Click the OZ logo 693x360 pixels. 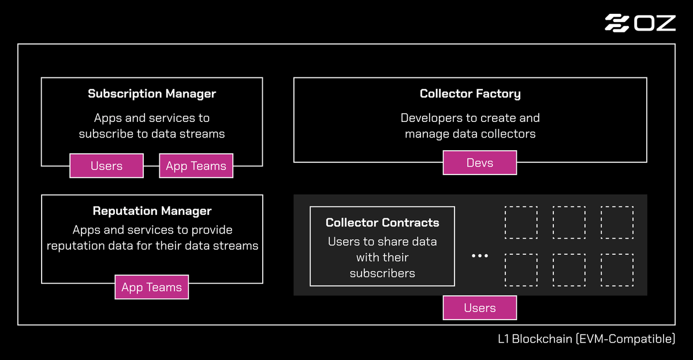[x=640, y=23]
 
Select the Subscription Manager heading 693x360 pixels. [x=152, y=94]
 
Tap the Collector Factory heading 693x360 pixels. [x=470, y=94]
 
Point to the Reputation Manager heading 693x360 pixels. [x=152, y=211]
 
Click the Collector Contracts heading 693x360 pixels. [x=382, y=222]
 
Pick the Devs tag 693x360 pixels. [x=480, y=163]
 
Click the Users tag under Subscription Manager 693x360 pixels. [x=106, y=166]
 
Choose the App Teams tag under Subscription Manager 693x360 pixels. [x=196, y=166]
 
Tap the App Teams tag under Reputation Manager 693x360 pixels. [x=152, y=287]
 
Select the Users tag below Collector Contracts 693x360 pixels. [x=480, y=308]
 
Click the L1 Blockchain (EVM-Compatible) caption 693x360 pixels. [x=586, y=339]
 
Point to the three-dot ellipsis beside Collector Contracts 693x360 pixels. [x=480, y=255]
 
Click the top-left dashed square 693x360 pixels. [x=521, y=222]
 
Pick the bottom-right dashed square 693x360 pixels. [x=617, y=270]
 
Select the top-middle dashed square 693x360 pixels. [x=569, y=222]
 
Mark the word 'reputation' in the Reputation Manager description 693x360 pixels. [x=76, y=246]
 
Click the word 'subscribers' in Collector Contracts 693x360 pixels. [x=382, y=273]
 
